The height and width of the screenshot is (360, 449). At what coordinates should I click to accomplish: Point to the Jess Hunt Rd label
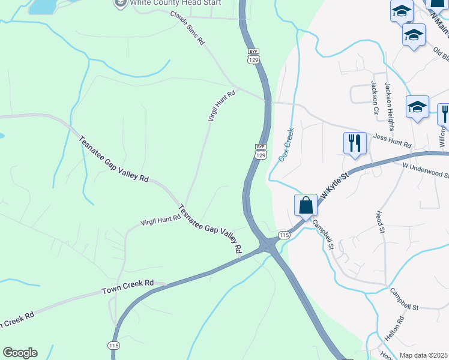392,142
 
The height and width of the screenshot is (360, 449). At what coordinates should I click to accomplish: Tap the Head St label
379,220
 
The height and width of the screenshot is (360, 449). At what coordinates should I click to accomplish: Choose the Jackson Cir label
375,98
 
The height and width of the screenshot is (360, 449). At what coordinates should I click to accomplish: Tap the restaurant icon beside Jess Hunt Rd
354,143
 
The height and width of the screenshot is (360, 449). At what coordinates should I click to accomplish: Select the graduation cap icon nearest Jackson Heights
417,107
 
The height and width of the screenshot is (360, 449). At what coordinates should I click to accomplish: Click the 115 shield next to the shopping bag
284,235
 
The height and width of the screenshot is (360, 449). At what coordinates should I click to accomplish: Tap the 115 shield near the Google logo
113,345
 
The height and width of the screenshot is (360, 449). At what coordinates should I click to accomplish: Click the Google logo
20,353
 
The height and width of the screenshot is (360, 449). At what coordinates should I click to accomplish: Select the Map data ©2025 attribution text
423,355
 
